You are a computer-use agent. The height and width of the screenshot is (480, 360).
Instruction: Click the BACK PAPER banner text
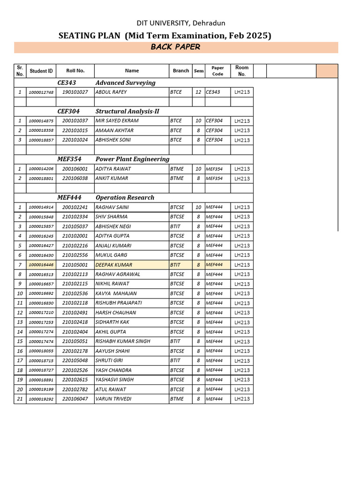(x=175, y=47)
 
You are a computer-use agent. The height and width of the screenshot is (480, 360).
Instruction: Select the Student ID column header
(x=41, y=71)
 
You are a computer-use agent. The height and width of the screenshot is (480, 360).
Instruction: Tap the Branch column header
(x=180, y=71)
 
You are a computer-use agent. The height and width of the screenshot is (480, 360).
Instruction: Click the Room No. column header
(x=242, y=71)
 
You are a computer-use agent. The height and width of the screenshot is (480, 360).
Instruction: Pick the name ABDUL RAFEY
(x=111, y=92)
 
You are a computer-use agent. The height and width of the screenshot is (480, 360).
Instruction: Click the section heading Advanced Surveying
(x=125, y=82)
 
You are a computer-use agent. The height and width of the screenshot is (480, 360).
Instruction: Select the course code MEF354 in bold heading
(x=68, y=159)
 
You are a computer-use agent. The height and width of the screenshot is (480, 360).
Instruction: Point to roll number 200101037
(x=75, y=121)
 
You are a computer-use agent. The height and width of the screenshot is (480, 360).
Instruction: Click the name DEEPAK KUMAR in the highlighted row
(x=114, y=265)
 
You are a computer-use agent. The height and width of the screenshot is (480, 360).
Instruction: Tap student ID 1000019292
(x=41, y=399)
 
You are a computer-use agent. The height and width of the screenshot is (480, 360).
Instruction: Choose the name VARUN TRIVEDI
(x=113, y=399)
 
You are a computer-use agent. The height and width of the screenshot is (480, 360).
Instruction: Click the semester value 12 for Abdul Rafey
(x=198, y=92)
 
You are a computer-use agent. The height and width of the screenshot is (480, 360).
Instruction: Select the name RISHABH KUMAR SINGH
(x=123, y=341)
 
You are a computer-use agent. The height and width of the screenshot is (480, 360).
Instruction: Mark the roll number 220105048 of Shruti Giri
(x=75, y=360)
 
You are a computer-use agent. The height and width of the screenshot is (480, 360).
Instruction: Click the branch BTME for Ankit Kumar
(x=177, y=179)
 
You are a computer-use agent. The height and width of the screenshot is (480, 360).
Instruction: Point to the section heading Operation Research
(x=125, y=197)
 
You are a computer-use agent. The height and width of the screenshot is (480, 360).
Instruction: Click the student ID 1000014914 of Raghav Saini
(x=41, y=208)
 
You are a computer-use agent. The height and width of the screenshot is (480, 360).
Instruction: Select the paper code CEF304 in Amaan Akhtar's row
(x=214, y=130)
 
